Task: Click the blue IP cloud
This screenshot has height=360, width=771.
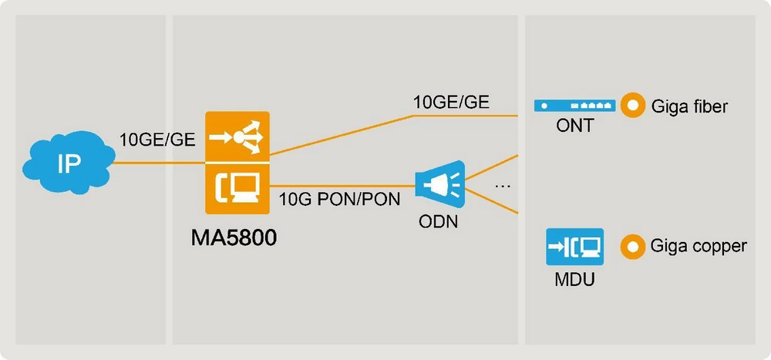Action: (x=66, y=163)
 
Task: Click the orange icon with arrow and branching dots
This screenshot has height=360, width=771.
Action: (x=237, y=137)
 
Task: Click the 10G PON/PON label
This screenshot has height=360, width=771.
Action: (x=339, y=200)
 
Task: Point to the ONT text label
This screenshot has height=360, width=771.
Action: (x=574, y=126)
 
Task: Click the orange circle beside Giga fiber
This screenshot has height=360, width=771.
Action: (x=634, y=105)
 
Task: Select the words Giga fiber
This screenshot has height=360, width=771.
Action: (x=689, y=106)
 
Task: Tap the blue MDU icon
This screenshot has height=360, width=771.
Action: (x=574, y=246)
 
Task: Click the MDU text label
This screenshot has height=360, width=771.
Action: (x=574, y=278)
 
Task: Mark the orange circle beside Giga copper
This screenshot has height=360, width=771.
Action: (x=634, y=246)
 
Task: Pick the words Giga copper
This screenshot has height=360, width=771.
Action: (x=699, y=247)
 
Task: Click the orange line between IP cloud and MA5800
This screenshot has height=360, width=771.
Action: (x=158, y=163)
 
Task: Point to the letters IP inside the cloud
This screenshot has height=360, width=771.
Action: (x=69, y=164)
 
